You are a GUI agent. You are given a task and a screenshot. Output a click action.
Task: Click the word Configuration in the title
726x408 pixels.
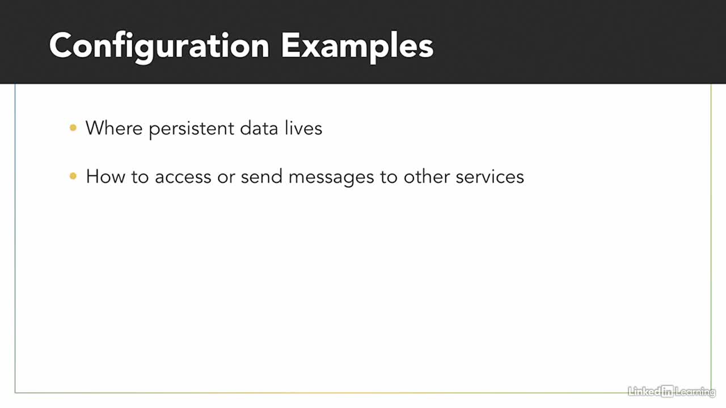[159, 48]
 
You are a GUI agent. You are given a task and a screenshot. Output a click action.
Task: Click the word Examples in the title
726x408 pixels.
[357, 48]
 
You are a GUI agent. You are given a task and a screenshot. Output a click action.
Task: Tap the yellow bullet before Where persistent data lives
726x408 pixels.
[73, 127]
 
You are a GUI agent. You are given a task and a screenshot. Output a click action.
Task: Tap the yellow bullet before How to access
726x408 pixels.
[73, 176]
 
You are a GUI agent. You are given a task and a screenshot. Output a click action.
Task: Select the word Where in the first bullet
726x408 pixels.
[114, 128]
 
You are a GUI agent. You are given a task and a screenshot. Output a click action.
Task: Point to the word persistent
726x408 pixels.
[192, 129]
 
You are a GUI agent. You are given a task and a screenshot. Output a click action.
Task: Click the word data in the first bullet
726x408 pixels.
[259, 128]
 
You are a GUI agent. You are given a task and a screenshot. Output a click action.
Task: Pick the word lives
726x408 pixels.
[303, 128]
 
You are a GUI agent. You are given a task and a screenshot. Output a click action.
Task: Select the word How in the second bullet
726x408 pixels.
[105, 177]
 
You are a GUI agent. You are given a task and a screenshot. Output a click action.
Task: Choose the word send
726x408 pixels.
[261, 177]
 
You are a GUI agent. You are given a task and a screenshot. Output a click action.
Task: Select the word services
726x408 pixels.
[489, 177]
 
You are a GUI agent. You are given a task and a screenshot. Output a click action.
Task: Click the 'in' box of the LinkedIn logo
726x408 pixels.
[668, 392]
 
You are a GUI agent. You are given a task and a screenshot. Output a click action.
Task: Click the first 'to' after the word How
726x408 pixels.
[140, 177]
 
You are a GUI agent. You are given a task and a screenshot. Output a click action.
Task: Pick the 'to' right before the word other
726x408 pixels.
[389, 177]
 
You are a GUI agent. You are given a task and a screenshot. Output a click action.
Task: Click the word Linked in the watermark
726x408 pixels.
[644, 392]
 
